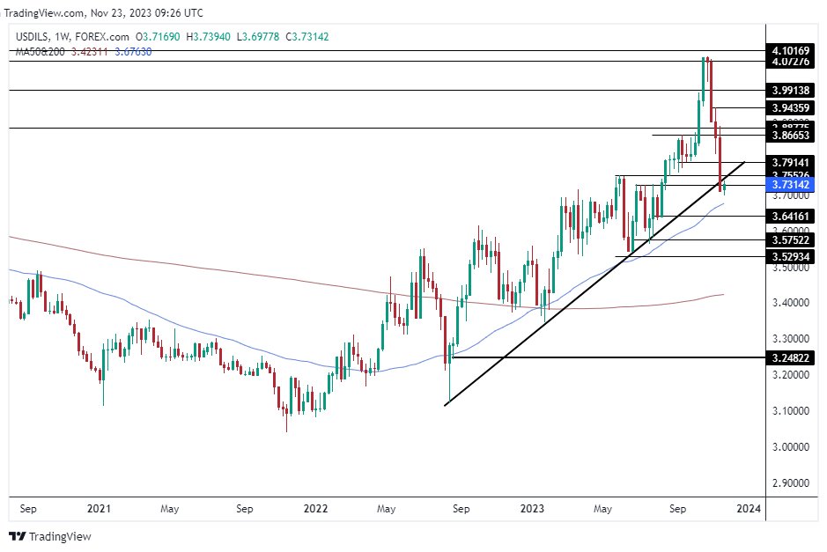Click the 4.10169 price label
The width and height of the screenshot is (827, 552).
point(790,50)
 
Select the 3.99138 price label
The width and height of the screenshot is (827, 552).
point(790,90)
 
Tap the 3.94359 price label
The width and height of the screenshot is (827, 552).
point(790,107)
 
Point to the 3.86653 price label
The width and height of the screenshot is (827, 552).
point(790,136)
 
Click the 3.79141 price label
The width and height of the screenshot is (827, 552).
point(790,162)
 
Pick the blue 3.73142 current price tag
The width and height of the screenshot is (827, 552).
point(790,185)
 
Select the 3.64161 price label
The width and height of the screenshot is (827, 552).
point(790,216)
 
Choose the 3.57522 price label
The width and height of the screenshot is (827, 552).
point(790,239)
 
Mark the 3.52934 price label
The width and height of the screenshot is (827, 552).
point(790,256)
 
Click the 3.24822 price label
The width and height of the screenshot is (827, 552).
point(790,358)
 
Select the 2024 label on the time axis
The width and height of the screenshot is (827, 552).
point(748,509)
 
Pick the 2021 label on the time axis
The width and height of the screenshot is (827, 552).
point(99,509)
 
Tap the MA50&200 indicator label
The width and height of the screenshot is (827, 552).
point(41,52)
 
